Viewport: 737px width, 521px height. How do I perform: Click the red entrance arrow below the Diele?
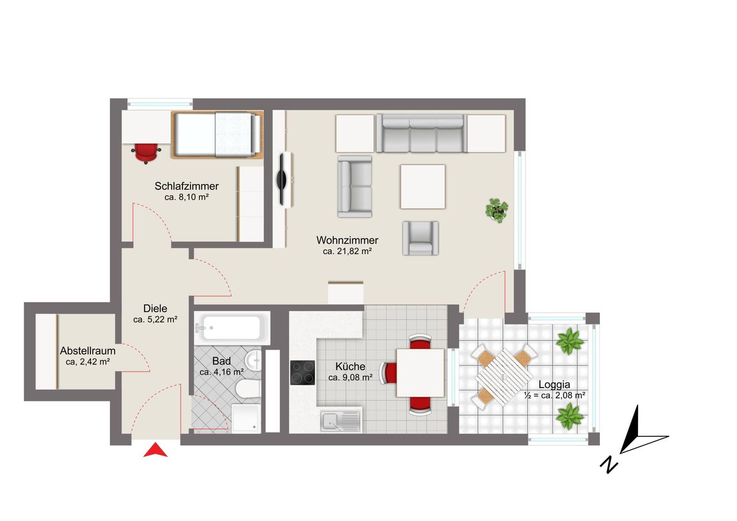point(155,451)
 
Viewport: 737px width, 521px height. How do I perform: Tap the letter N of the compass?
point(609,465)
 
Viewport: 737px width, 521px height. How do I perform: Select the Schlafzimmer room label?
point(187,186)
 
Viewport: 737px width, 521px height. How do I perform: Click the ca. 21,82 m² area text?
point(347,252)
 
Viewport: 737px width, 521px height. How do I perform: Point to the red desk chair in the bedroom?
point(146,153)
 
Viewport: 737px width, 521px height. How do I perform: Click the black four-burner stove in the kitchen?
point(302,372)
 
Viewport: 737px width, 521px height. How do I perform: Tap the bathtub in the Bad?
point(232,328)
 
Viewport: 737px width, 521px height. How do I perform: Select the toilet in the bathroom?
point(248,389)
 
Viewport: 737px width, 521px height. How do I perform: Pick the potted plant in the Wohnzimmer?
point(497,210)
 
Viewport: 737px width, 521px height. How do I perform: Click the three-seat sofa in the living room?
point(421,133)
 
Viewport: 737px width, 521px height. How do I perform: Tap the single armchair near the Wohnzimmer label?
point(420,238)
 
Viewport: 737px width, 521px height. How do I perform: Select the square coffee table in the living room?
point(423,187)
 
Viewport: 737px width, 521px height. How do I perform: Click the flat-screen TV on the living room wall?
point(282,180)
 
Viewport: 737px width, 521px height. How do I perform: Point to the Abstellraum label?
point(88,351)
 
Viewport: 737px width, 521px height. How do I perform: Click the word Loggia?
point(554,385)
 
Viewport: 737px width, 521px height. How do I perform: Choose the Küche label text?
point(350,366)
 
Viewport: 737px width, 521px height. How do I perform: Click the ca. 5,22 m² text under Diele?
point(155,320)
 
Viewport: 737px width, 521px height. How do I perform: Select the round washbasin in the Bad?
point(254,360)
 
